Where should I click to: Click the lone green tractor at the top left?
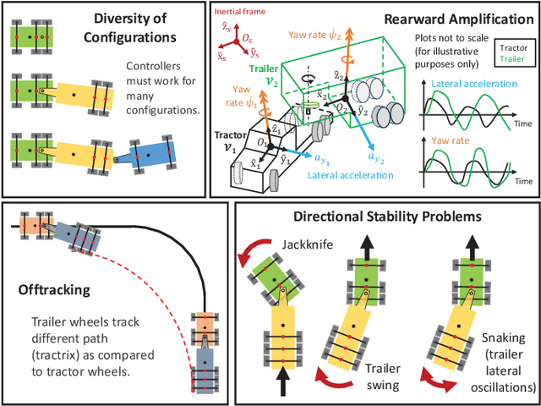[x=33, y=36]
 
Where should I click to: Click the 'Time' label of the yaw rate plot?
[x=525, y=181]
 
